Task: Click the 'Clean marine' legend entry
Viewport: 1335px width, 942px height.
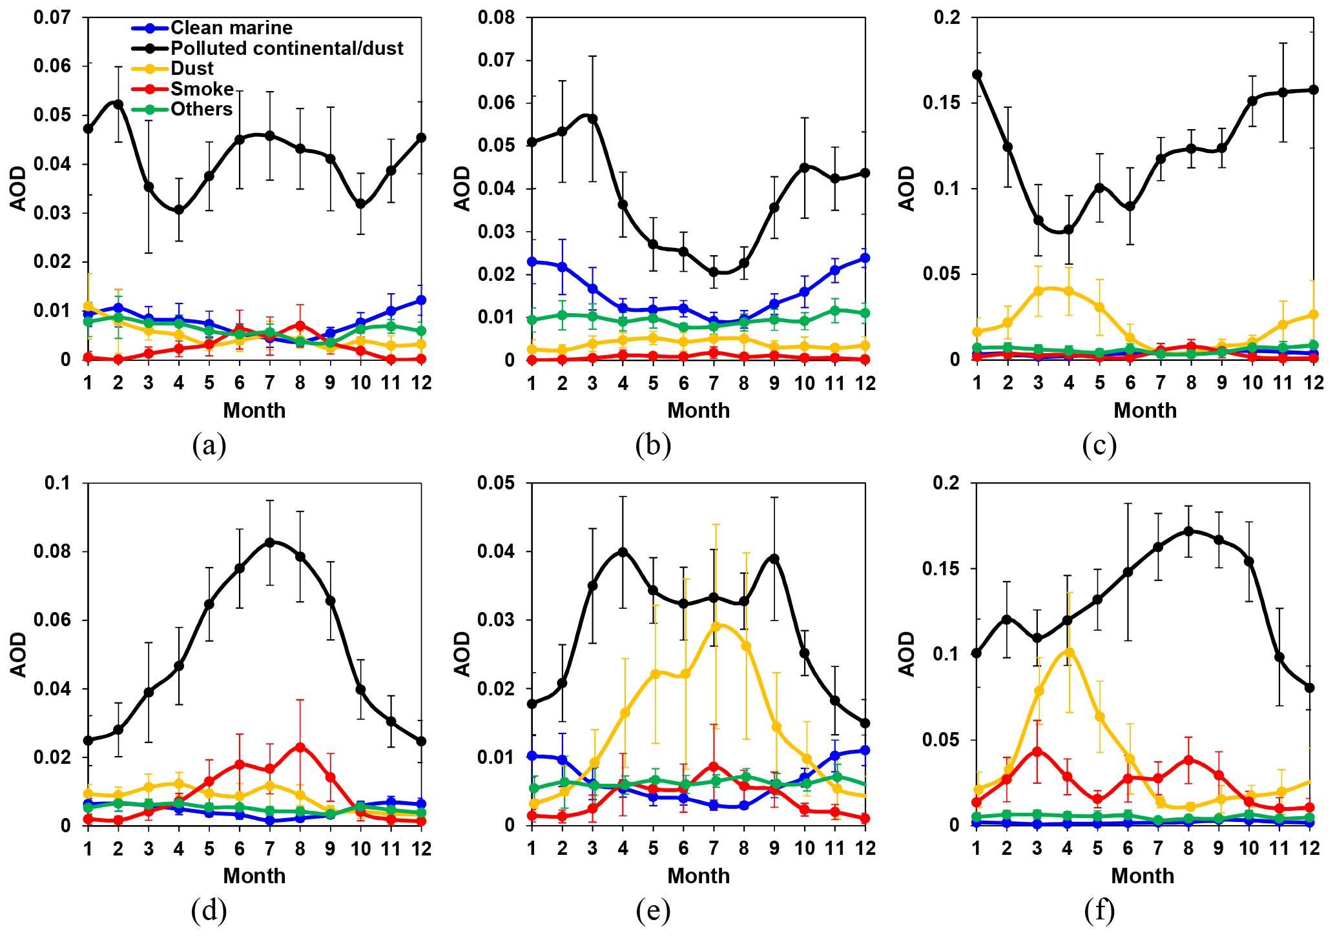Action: (x=231, y=28)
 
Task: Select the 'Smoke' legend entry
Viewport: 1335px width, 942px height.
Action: (x=202, y=89)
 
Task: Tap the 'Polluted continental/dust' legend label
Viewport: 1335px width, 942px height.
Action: (x=287, y=48)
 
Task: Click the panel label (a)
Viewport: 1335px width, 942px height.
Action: (x=209, y=445)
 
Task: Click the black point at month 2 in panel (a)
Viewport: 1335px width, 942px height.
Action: (x=118, y=104)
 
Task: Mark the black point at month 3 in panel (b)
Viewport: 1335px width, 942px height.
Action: (x=592, y=119)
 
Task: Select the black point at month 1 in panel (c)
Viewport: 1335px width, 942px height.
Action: (x=977, y=75)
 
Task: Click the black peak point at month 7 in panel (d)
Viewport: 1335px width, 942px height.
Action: (x=270, y=542)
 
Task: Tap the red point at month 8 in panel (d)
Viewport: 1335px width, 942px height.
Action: (x=300, y=747)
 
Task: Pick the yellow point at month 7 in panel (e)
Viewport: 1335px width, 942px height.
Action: (x=714, y=626)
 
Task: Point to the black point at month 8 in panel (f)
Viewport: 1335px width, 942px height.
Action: (x=1188, y=531)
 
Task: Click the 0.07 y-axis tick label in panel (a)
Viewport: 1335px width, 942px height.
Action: (x=53, y=17)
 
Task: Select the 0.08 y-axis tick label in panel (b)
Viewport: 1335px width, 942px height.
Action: (x=497, y=17)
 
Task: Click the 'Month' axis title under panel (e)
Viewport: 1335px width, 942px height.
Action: (x=698, y=875)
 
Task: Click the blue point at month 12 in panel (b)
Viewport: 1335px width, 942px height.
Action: (x=865, y=258)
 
